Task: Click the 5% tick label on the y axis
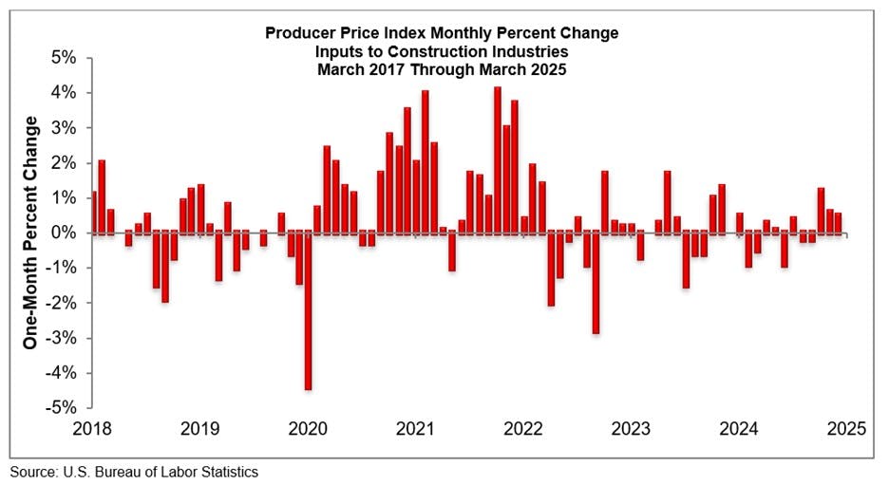(64, 58)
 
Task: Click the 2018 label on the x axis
(93, 428)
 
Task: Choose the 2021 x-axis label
(415, 428)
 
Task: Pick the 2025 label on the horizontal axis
(845, 428)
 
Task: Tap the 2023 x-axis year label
(630, 428)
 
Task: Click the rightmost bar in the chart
(838, 223)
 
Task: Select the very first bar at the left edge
(93, 212)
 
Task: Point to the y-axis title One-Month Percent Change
(30, 233)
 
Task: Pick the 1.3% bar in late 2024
(821, 210)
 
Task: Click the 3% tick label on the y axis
(64, 128)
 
